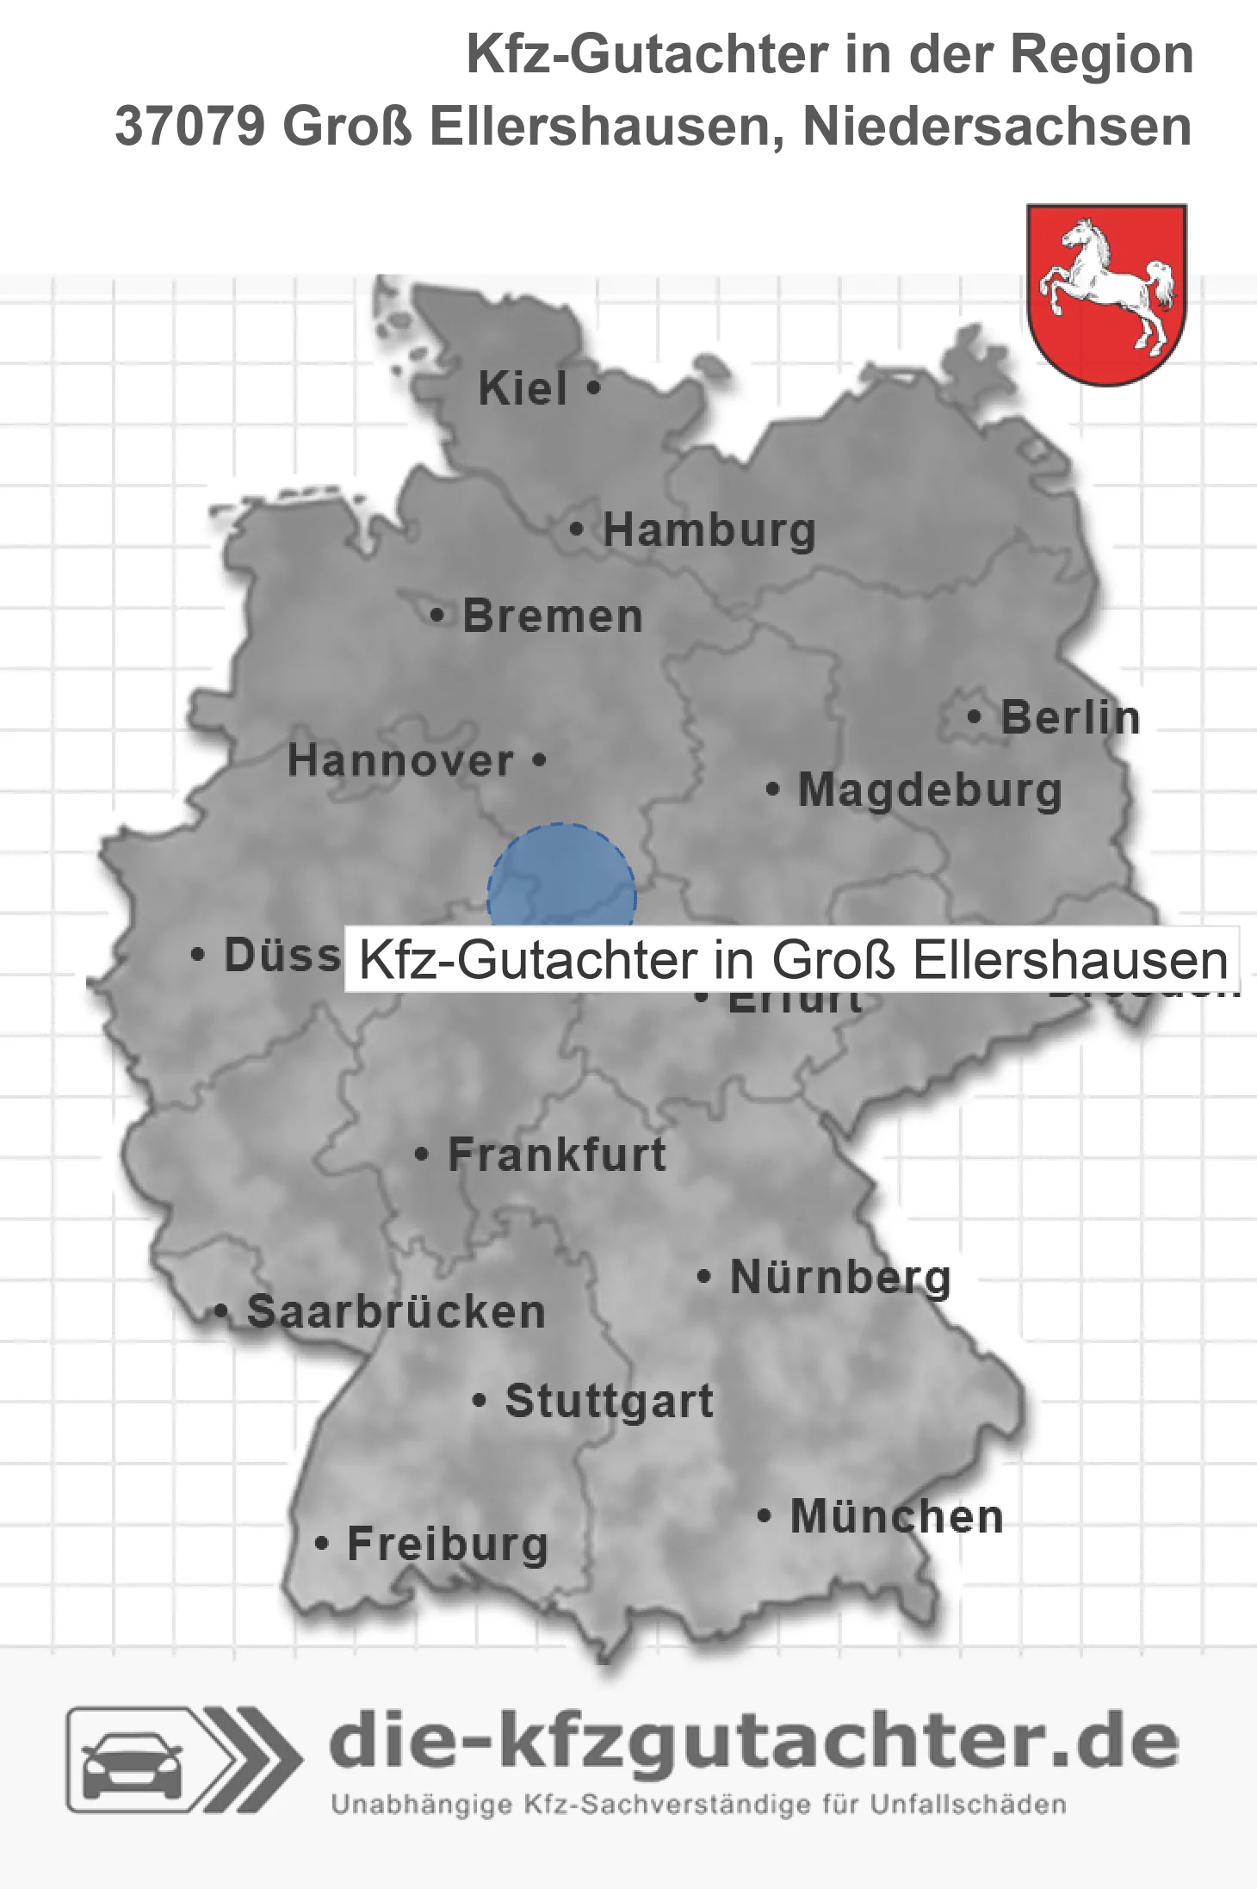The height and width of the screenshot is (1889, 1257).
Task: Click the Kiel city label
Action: tap(523, 388)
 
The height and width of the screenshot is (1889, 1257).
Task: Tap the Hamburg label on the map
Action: tap(709, 530)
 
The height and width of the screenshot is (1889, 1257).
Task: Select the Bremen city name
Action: tap(553, 616)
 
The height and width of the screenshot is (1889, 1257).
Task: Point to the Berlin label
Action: tap(1070, 718)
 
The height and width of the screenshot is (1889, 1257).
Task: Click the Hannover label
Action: tap(400, 761)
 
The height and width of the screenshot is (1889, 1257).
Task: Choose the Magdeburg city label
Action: tap(930, 790)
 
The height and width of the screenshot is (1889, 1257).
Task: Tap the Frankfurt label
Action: tap(557, 1155)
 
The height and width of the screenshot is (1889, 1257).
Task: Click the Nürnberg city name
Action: tap(840, 1278)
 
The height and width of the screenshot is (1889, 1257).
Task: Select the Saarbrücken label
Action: tap(396, 1312)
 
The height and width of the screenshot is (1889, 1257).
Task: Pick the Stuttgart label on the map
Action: tap(609, 1401)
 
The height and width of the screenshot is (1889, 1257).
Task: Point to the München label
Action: tap(896, 1516)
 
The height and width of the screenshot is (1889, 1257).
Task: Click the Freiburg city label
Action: tap(448, 1544)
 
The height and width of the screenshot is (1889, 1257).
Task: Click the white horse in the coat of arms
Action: tap(1107, 283)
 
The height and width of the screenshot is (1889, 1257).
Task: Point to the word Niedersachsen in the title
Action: tap(997, 127)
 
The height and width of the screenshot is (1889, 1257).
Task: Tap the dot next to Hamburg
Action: tap(577, 530)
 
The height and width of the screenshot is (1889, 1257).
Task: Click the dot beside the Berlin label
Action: tap(975, 716)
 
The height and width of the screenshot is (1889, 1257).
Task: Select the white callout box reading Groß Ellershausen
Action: tap(792, 960)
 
